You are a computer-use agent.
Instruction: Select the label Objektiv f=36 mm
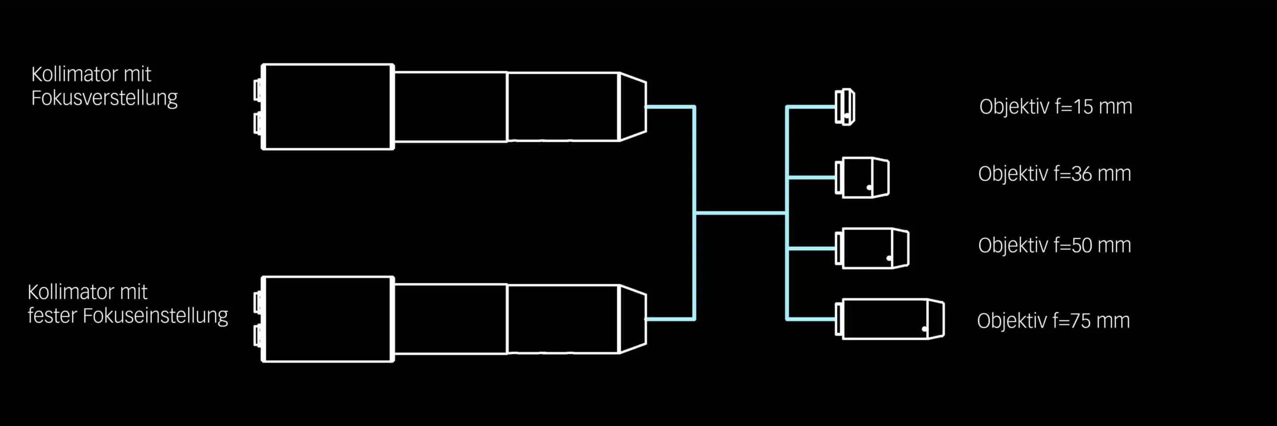pos(1054,174)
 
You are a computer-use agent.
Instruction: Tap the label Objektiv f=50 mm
pos(1054,245)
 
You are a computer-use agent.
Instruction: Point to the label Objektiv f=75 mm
pos(1054,321)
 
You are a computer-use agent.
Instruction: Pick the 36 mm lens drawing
pos(862,177)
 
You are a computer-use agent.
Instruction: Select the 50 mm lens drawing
pos(873,248)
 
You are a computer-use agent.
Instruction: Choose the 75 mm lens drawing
pos(890,319)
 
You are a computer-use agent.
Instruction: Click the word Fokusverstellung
pos(104,98)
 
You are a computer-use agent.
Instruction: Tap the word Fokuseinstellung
pos(155,316)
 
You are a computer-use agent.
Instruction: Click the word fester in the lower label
pos(51,316)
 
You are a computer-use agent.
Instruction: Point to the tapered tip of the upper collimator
pos(633,106)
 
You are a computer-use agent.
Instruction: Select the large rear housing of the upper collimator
pos(328,106)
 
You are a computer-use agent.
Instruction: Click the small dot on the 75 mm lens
pos(924,329)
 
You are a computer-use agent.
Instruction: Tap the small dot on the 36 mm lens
pos(869,188)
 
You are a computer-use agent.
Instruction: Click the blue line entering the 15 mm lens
pos(811,106)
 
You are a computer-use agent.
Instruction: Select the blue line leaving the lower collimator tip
pos(669,319)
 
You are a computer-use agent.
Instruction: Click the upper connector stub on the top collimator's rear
pos(258,90)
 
